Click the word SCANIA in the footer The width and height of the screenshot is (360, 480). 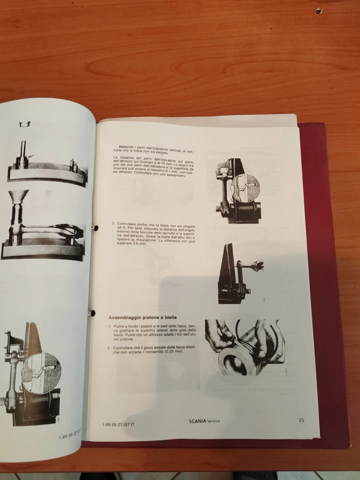199,420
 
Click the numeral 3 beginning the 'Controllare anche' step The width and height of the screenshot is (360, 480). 113,223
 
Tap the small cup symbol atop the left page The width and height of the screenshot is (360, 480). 23,123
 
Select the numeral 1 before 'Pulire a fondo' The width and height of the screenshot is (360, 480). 109,326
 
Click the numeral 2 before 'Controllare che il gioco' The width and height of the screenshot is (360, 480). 109,347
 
